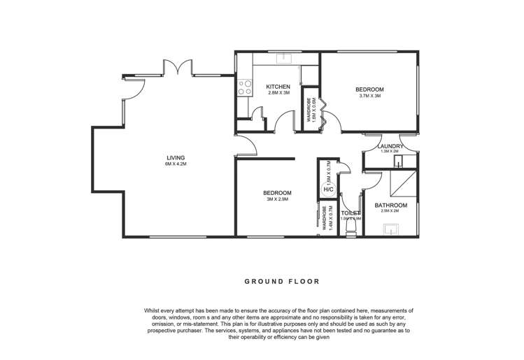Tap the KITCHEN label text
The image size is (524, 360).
pos(278,87)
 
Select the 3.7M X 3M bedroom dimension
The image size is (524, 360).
pos(369,96)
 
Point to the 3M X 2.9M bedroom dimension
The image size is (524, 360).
pos(277,199)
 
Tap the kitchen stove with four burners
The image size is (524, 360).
pos(246,87)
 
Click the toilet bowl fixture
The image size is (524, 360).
pos(350,228)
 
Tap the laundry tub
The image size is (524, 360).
pos(399,162)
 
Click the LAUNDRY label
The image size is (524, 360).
pos(390,146)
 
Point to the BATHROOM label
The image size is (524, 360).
pos(390,205)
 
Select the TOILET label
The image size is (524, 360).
pos(350,213)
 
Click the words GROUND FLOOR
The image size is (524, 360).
pos(281,282)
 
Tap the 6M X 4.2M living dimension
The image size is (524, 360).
pos(176,164)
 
